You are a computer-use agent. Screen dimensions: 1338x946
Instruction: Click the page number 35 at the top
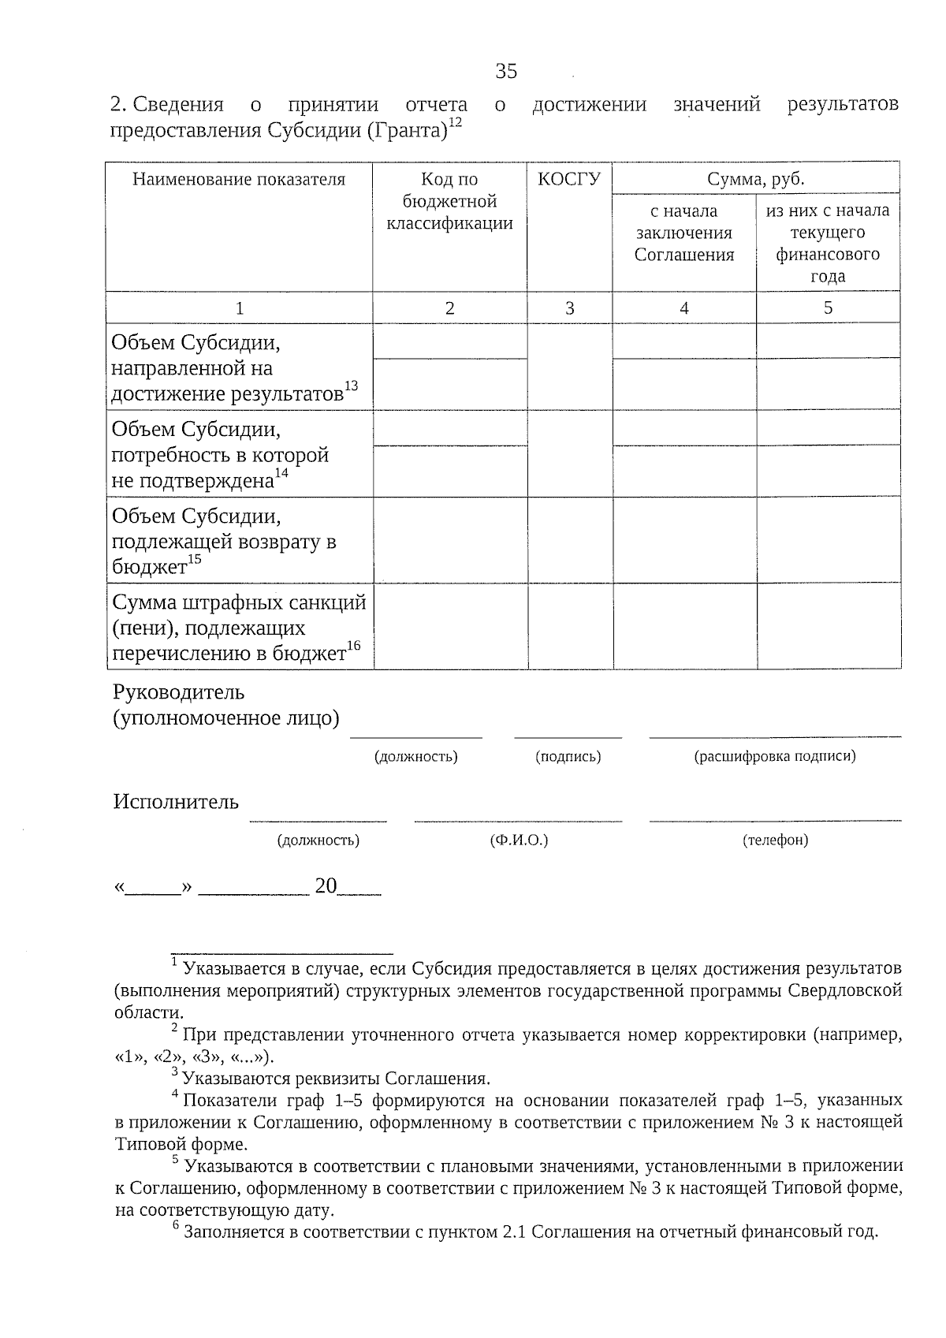[506, 72]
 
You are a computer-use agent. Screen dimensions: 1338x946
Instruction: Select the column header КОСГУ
[569, 180]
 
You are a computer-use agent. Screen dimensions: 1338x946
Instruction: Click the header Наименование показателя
[239, 180]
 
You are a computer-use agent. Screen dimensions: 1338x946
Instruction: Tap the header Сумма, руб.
[755, 180]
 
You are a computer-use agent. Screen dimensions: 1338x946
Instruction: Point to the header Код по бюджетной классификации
[449, 201]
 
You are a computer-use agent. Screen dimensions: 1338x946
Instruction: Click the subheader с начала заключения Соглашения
[683, 233]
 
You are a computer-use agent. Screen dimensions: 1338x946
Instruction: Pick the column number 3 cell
[569, 308]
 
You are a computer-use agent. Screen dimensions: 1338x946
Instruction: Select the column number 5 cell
[828, 308]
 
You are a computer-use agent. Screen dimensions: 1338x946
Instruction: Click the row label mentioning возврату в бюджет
[225, 542]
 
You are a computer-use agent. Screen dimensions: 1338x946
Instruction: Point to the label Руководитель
[179, 692]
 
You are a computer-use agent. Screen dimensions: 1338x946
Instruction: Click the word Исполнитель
[175, 803]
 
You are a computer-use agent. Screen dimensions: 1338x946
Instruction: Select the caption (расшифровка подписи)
[774, 757]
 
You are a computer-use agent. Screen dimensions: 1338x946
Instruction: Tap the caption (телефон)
[775, 840]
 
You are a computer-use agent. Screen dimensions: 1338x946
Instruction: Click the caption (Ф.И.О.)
[518, 840]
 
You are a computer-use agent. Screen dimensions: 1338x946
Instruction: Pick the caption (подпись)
[568, 757]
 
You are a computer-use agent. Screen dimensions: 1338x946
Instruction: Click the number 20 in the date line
[326, 886]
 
